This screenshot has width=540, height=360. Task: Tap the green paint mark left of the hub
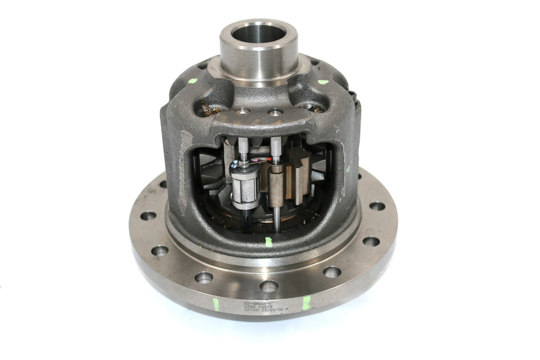(x=192, y=81)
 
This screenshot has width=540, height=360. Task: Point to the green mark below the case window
(x=268, y=242)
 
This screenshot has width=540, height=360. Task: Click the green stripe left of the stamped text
(x=216, y=304)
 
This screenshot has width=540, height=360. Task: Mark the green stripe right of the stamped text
(x=306, y=303)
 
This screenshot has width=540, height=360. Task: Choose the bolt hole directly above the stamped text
(x=269, y=286)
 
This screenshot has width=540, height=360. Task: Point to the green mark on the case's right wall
(x=348, y=169)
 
